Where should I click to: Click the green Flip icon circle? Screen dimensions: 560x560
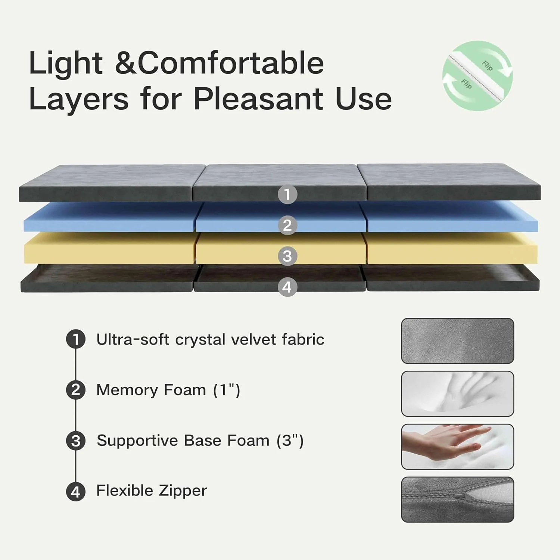tap(477, 76)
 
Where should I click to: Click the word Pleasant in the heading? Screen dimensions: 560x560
tap(258, 99)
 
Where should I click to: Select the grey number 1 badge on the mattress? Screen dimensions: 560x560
tap(287, 194)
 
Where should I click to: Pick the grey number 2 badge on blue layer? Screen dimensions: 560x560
tap(287, 225)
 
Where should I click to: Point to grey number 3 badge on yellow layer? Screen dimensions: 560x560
tap(287, 256)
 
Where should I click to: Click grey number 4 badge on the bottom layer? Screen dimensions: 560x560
tap(287, 287)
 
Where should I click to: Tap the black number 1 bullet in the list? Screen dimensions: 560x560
tap(76, 339)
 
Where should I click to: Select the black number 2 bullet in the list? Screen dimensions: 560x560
tap(76, 390)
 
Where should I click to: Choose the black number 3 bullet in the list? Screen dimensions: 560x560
tap(76, 441)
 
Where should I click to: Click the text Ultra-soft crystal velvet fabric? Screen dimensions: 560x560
tap(210, 339)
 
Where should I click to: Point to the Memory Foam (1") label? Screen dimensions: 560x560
tap(168, 390)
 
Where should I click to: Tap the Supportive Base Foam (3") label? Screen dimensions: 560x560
tap(200, 441)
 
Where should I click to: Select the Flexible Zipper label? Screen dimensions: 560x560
tap(152, 491)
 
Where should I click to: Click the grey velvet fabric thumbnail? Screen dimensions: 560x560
tap(457, 340)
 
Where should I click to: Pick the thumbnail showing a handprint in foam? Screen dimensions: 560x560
tap(457, 393)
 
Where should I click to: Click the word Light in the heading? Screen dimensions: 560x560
tap(66, 63)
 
